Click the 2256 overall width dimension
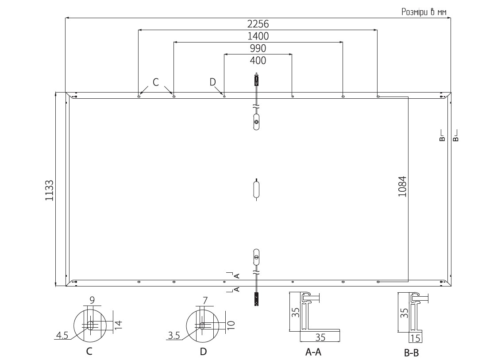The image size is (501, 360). (258, 24)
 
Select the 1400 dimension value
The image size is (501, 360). (258, 36)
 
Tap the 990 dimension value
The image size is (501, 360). (258, 48)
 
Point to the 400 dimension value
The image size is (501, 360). (258, 60)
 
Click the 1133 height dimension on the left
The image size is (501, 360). (49, 190)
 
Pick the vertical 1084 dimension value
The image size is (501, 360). (402, 186)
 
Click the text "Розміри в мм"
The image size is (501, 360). (424, 12)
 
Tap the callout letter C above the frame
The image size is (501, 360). (156, 82)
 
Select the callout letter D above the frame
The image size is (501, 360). (213, 82)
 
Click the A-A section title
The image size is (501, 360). (313, 352)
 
